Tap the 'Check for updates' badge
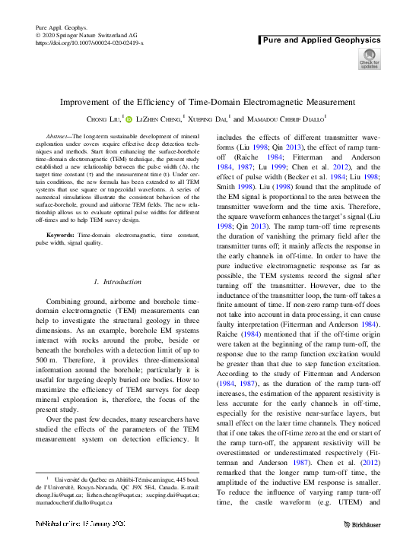point(370,59)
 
